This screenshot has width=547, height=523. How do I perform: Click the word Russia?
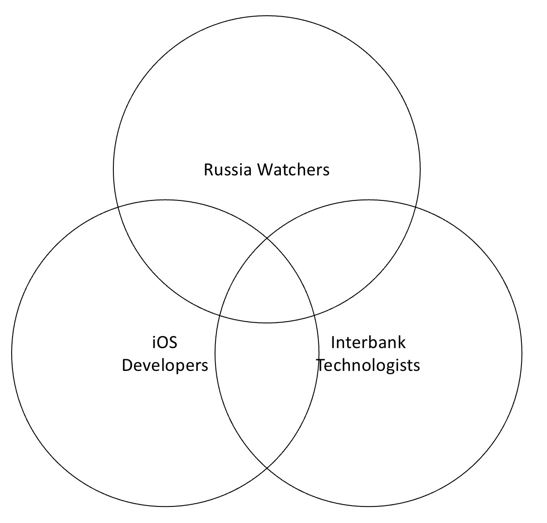[228, 170]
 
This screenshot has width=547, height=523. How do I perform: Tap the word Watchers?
[293, 170]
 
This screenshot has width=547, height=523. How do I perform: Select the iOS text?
[165, 343]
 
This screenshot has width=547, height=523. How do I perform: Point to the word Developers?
[165, 365]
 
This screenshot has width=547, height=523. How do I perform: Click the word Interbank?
[368, 342]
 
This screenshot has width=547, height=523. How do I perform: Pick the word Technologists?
[368, 365]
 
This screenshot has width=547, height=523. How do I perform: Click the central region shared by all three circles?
[267, 284]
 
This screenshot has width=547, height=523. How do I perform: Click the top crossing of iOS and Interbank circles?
[267, 238]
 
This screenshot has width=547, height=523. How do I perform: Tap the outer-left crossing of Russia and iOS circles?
[118, 208]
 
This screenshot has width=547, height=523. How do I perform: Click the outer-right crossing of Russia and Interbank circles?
[416, 208]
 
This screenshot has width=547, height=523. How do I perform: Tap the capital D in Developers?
[128, 365]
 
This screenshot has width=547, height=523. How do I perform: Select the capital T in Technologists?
[323, 365]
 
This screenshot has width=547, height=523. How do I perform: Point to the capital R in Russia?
[209, 170]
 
